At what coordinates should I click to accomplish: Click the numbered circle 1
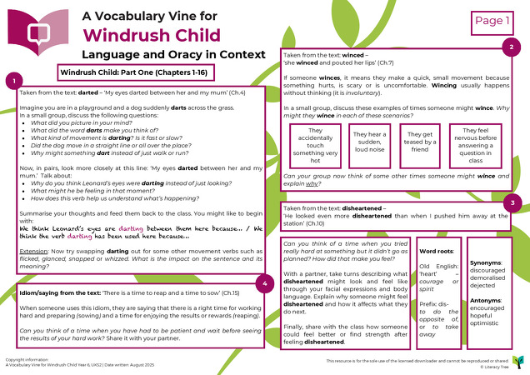[12, 81]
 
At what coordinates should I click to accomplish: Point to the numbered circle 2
[511, 47]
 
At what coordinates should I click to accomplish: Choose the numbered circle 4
[264, 285]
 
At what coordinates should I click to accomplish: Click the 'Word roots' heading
[437, 250]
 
